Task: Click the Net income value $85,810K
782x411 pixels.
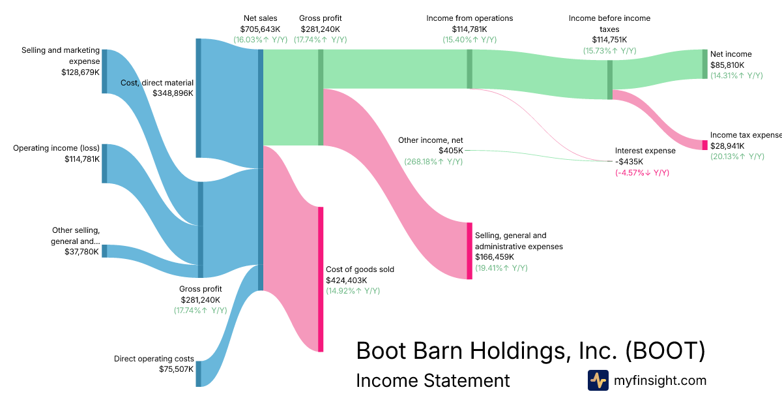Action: coord(727,65)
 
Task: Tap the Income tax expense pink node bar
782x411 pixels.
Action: coord(704,145)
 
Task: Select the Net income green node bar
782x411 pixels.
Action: coord(704,64)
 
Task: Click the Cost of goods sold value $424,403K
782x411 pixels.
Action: coord(350,280)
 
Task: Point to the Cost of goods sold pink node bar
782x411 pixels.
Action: coord(321,279)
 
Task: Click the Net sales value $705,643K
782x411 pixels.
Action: coord(260,29)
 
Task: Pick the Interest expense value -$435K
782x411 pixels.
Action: coord(630,161)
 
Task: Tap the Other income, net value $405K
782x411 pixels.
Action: coord(450,150)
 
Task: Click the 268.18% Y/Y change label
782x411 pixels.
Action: coord(433,161)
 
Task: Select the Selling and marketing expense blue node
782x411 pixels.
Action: coord(104,71)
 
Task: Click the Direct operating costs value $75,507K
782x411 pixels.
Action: coord(177,369)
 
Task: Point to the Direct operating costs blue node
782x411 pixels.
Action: coord(199,373)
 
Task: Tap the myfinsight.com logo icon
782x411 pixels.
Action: coord(598,380)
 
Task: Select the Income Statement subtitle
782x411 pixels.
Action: coord(433,381)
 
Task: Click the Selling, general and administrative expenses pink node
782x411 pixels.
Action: coord(469,251)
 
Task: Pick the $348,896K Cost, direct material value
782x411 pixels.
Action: coord(173,93)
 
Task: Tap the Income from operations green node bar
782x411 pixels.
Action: coord(469,68)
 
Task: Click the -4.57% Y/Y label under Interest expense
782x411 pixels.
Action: coord(642,172)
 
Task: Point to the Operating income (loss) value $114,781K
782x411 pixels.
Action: coord(82,159)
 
